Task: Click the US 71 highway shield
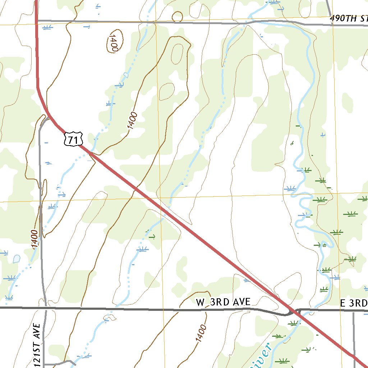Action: (x=74, y=139)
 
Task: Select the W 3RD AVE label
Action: (x=223, y=302)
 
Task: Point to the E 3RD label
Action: (x=354, y=304)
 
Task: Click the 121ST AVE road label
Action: (x=36, y=345)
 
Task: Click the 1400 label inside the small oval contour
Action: (x=114, y=42)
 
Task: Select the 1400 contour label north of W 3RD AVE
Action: (x=34, y=239)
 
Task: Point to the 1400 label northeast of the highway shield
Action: (x=132, y=121)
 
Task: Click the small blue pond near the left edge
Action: (x=17, y=259)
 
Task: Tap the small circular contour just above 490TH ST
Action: (x=178, y=17)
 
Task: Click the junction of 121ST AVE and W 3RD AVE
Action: (x=45, y=308)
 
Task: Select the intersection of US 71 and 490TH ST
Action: (x=37, y=21)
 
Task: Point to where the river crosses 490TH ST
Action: (x=248, y=22)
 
